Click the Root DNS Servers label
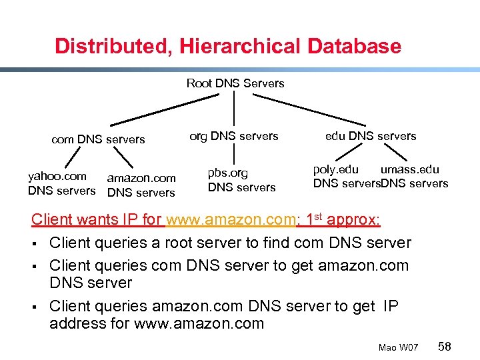tap(235, 83)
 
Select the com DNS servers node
tap(98, 139)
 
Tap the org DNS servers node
tap(234, 136)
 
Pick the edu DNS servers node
tap(371, 136)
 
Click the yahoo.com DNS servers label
tap(61, 183)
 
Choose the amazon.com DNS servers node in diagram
tap(141, 185)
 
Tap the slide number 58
tap(445, 346)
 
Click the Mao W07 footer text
tap(398, 347)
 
